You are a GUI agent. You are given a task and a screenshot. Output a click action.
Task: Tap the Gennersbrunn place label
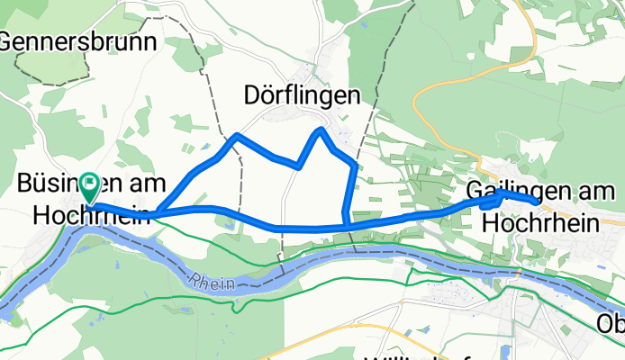click(78, 41)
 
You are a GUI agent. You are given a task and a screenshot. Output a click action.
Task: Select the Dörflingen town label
click(303, 95)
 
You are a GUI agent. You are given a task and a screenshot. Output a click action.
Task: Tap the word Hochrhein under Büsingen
click(91, 215)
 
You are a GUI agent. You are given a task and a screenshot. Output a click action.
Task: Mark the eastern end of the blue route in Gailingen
click(537, 202)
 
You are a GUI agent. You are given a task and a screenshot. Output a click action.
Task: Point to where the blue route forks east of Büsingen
click(158, 213)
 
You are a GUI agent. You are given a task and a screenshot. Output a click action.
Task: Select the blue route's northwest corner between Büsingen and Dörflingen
click(236, 136)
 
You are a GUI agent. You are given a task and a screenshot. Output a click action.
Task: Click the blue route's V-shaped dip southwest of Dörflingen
click(297, 166)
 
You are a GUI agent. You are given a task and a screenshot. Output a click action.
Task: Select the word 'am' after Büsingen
click(149, 184)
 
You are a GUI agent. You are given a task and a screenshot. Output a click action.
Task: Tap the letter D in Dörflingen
click(254, 95)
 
